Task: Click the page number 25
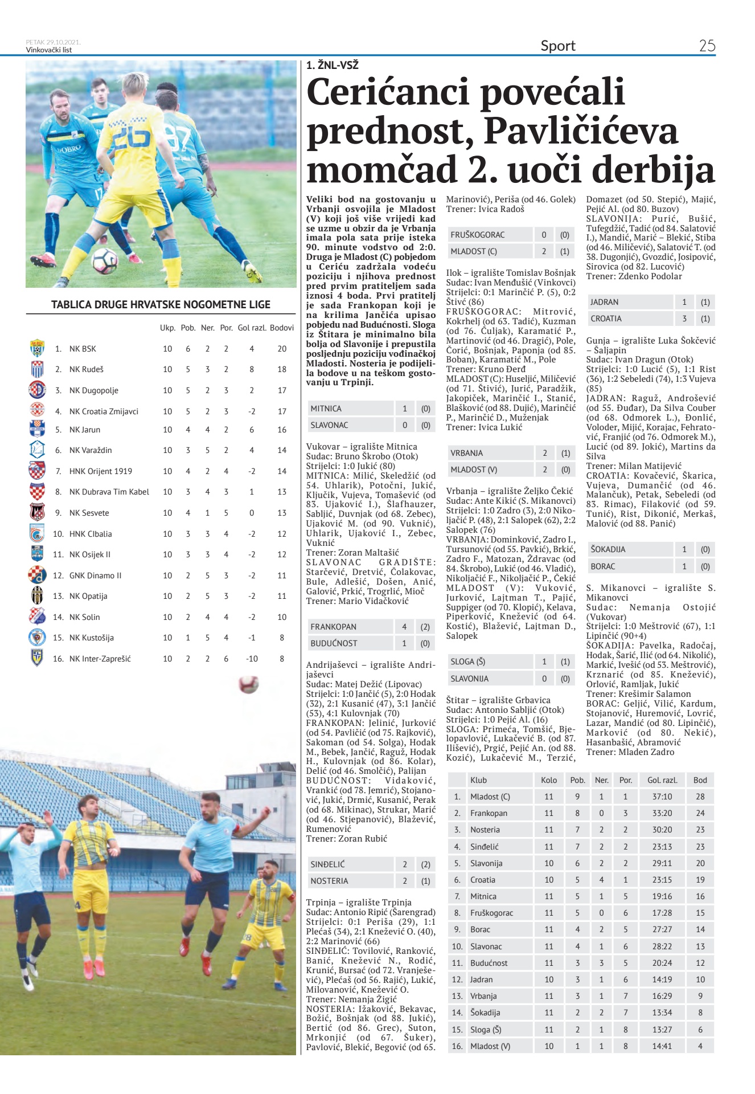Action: (707, 46)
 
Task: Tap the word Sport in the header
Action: (557, 46)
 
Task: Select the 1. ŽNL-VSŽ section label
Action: (332, 66)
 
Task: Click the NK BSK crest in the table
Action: (37, 348)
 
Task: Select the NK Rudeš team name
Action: (87, 369)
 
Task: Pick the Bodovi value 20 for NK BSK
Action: (281, 349)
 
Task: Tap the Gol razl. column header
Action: (252, 328)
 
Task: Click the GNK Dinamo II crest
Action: (37, 575)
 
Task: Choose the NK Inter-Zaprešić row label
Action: (100, 659)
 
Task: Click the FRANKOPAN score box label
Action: (333, 627)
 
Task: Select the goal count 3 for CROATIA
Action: (684, 319)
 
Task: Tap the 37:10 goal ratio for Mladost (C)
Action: (662, 797)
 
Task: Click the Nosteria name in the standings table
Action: (485, 830)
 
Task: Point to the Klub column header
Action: (478, 780)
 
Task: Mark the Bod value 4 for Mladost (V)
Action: (700, 1046)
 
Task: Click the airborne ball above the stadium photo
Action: (248, 684)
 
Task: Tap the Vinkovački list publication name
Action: (49, 50)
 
